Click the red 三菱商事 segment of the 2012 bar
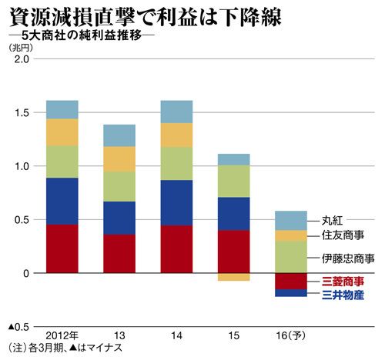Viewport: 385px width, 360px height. [62, 248]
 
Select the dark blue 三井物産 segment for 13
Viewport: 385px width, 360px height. [119, 218]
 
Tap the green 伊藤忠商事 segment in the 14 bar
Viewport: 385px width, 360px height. [176, 164]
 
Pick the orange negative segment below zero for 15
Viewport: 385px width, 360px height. [234, 277]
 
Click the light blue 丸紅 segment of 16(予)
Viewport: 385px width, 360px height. [291, 221]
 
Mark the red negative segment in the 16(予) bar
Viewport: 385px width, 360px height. [291, 282]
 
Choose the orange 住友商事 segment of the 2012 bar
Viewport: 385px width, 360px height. [62, 132]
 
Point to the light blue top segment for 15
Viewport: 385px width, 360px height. [234, 159]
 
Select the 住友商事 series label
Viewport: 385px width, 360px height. [343, 235]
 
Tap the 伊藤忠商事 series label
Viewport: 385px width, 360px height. [348, 258]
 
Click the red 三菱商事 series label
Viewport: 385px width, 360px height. [343, 282]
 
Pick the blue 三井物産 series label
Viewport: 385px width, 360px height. [343, 295]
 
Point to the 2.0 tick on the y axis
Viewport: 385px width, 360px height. [22, 59]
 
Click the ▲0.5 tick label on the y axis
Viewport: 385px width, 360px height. [18, 327]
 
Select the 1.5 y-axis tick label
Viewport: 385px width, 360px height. [22, 113]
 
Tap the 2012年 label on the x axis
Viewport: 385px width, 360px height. [62, 335]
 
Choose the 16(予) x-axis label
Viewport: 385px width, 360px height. [291, 335]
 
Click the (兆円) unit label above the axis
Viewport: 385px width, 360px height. [21, 48]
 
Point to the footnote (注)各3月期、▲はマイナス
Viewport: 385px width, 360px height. [65, 348]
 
